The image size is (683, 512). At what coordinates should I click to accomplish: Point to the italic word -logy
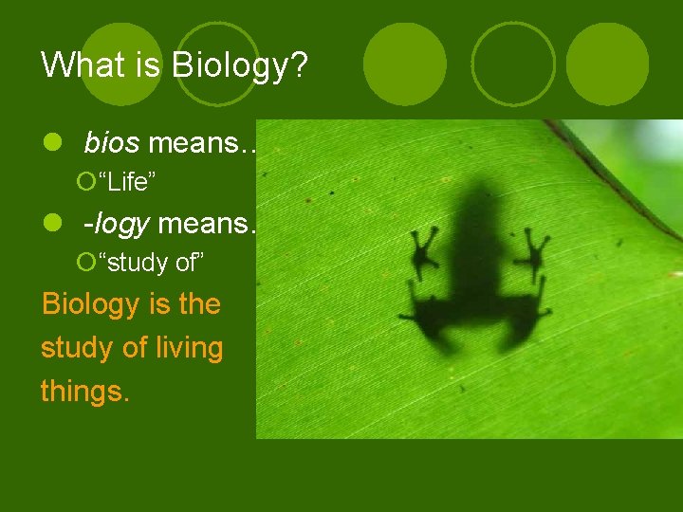point(117,224)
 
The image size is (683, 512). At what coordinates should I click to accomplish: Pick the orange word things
point(84,391)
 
